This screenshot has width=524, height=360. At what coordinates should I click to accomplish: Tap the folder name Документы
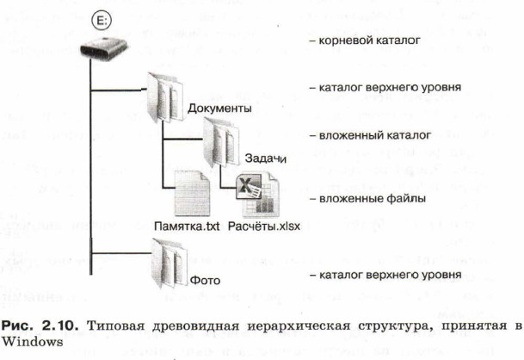click(x=218, y=109)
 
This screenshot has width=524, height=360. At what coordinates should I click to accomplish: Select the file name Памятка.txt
click(x=188, y=227)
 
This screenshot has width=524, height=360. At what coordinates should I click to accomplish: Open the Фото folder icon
click(x=169, y=258)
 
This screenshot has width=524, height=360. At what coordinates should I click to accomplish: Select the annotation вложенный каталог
click(x=366, y=135)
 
